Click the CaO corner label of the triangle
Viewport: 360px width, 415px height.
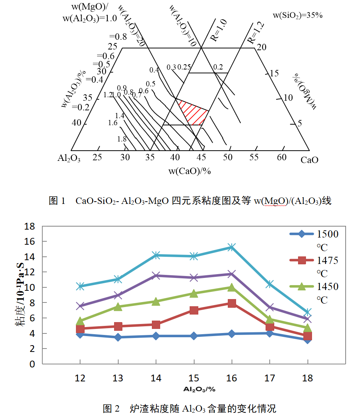point(309,160)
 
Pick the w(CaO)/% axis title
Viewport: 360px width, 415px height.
point(189,171)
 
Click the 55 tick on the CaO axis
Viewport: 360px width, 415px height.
point(254,157)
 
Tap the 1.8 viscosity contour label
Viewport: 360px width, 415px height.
point(122,139)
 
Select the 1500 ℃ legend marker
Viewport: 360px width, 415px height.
point(301,234)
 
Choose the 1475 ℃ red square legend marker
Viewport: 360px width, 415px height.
point(301,260)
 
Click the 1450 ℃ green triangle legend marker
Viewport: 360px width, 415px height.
point(301,287)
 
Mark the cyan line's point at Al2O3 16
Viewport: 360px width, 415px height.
point(232,247)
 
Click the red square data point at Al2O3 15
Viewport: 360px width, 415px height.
point(194,310)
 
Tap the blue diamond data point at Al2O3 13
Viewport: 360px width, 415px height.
point(118,337)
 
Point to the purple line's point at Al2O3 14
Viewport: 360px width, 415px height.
point(156,276)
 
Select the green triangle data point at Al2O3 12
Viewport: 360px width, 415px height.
point(80,321)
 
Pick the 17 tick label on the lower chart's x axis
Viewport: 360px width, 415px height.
point(270,378)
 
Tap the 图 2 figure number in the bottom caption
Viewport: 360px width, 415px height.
point(111,408)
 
